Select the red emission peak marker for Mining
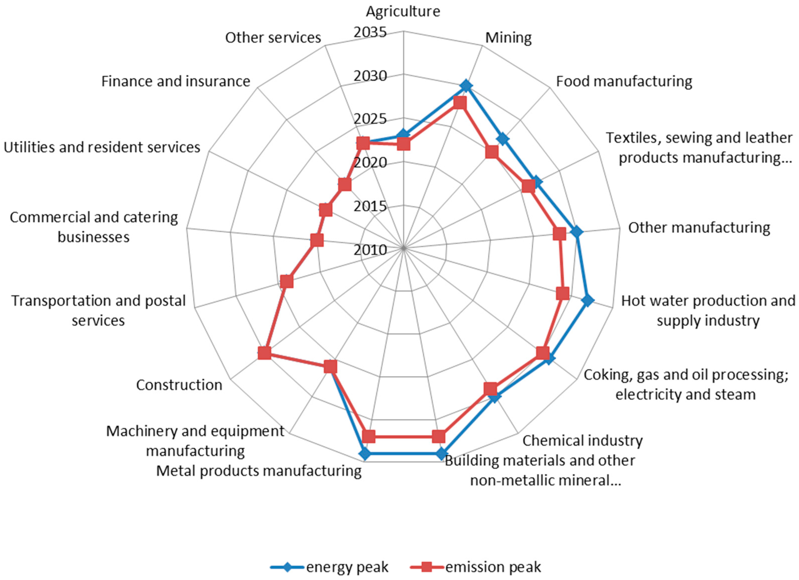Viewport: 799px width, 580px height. [x=460, y=104]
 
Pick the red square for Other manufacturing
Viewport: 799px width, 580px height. [x=559, y=234]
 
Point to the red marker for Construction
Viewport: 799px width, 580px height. [x=264, y=353]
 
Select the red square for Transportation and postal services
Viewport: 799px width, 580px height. [x=287, y=282]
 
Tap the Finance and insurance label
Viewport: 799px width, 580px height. [x=176, y=81]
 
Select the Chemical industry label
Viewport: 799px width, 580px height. [x=582, y=440]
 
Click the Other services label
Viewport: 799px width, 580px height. [x=273, y=38]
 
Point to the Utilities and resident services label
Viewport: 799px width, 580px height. [x=102, y=147]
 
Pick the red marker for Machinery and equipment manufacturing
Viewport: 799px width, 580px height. [x=330, y=368]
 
